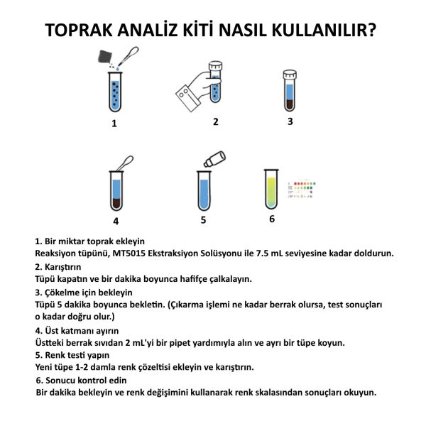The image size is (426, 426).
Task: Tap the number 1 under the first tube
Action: click(114, 123)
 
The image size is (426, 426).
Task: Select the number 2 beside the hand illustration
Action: click(216, 121)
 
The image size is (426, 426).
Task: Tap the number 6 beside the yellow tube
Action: click(271, 219)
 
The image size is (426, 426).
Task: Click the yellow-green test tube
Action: click(271, 189)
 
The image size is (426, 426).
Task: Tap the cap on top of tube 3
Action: click(290, 74)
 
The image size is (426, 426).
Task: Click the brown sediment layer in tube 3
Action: click(290, 105)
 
